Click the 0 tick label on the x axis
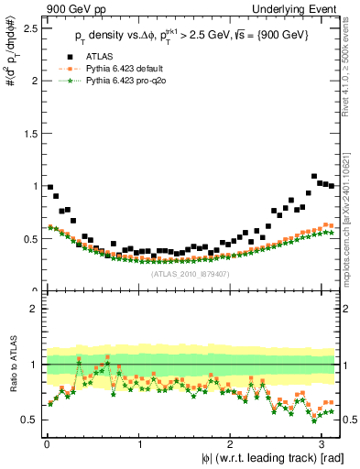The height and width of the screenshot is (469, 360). click(x=47, y=443)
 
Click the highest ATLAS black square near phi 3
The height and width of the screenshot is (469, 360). click(x=315, y=176)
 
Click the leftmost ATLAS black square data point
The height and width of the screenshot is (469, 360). click(x=50, y=187)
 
